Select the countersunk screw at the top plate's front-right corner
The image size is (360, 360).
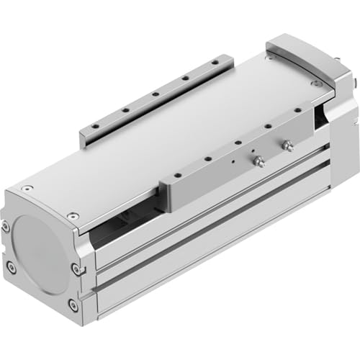[73, 215]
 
